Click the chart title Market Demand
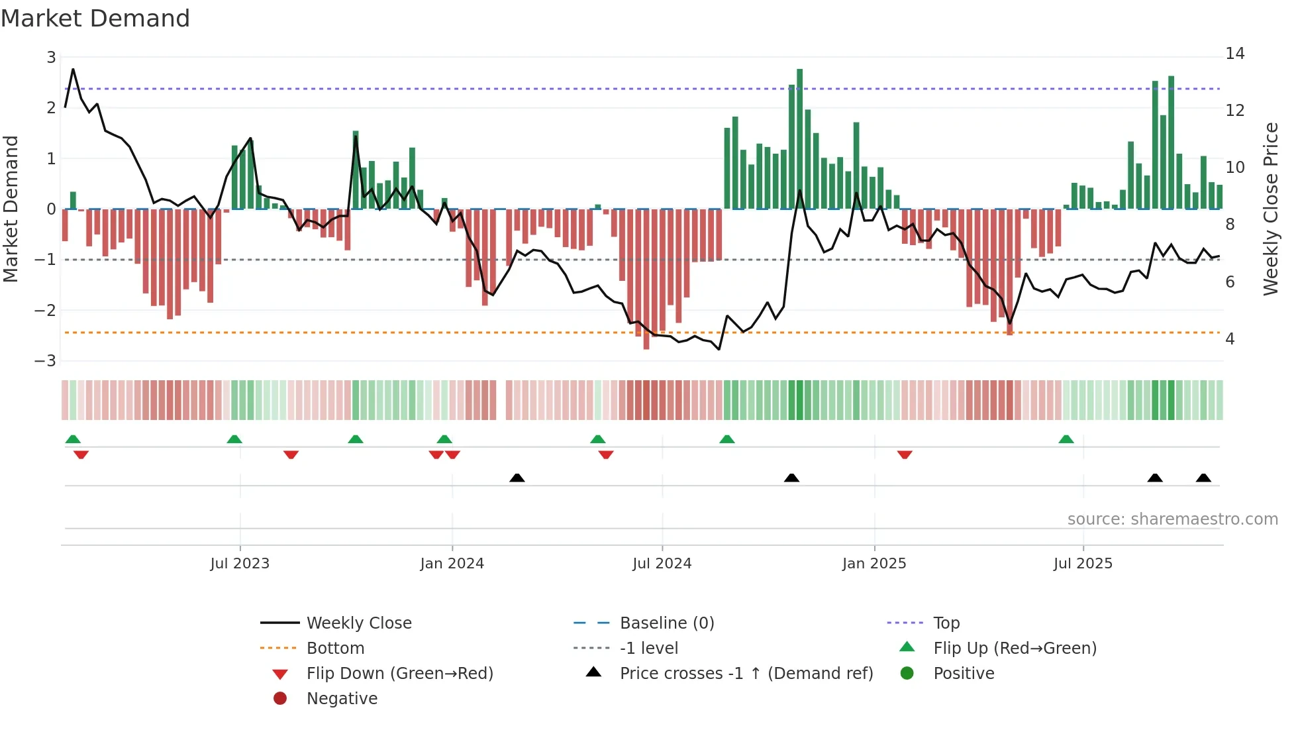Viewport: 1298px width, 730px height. click(x=95, y=19)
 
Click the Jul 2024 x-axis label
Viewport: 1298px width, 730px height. click(x=662, y=564)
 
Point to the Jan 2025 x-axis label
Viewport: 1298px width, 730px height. click(x=874, y=564)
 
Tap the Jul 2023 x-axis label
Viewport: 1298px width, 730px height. click(x=240, y=564)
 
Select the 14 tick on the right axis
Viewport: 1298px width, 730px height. click(x=1234, y=54)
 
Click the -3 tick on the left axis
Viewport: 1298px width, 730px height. click(x=46, y=361)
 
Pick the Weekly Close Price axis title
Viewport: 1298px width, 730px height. click(x=1270, y=209)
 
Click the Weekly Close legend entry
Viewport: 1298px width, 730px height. click(x=358, y=623)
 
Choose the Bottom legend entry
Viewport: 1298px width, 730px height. click(x=335, y=649)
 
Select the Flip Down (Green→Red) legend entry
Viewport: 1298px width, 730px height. click(x=399, y=674)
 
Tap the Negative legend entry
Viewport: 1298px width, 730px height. click(x=342, y=699)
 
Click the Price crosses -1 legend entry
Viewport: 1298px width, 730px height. click(x=746, y=674)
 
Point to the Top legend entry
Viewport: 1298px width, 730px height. click(x=946, y=623)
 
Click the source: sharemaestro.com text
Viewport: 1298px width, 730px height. click(x=1172, y=519)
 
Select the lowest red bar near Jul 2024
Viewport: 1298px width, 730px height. click(x=646, y=278)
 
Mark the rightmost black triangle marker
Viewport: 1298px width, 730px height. click(x=1203, y=478)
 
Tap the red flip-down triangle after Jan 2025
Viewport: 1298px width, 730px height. click(x=905, y=454)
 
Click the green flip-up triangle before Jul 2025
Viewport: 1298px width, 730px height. click(x=1066, y=439)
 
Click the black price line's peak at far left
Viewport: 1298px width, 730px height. click(x=73, y=69)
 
